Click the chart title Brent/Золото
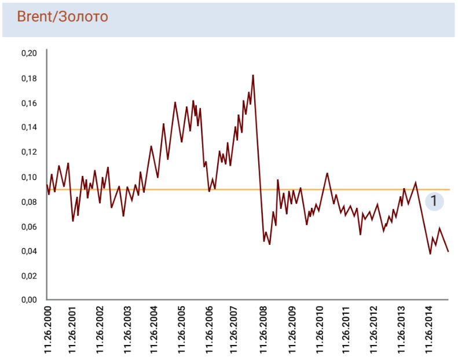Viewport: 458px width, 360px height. [x=63, y=17]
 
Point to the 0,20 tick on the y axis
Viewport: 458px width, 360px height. [x=28, y=53]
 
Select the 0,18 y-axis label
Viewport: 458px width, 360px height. [x=28, y=78]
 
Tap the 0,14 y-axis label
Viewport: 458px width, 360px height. [x=28, y=127]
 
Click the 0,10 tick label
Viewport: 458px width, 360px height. [x=28, y=177]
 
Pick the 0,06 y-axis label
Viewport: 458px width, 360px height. [x=28, y=226]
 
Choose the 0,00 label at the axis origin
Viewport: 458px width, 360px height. [x=28, y=300]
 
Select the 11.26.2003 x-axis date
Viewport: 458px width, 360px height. [x=128, y=329]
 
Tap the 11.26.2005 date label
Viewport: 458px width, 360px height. [x=182, y=329]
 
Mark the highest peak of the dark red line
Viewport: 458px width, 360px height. [x=253, y=75]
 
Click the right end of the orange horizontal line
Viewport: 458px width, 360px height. [x=449, y=189]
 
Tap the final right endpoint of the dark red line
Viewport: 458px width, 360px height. [x=448, y=251]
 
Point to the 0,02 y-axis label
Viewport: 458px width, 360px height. [x=28, y=275]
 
